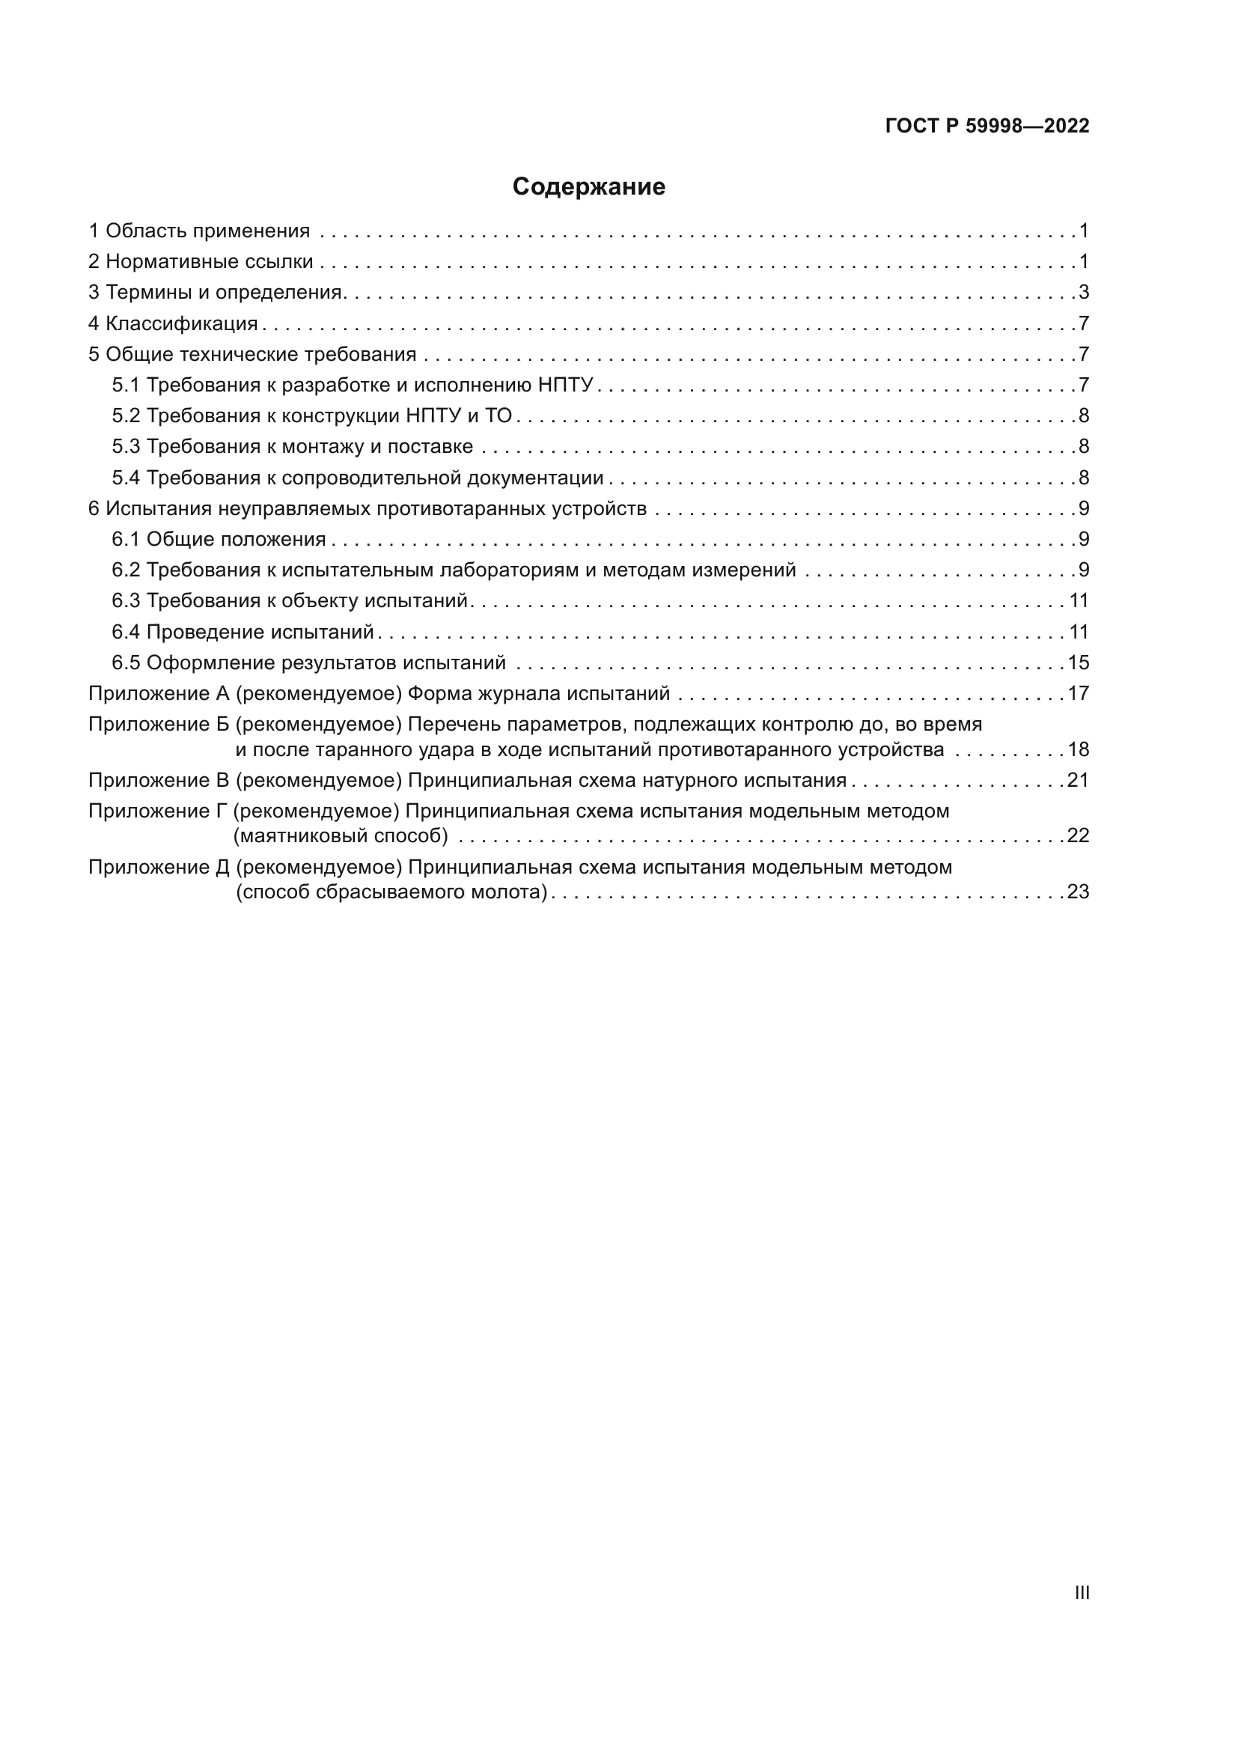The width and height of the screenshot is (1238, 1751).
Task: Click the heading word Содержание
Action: click(588, 187)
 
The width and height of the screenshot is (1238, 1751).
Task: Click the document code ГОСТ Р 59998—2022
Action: click(987, 126)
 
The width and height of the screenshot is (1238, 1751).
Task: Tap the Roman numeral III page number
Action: click(1082, 1592)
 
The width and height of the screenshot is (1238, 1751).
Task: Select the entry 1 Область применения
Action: click(199, 231)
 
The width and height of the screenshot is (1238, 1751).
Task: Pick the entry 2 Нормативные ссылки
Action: click(201, 261)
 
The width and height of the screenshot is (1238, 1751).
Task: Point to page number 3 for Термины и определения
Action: click(1083, 293)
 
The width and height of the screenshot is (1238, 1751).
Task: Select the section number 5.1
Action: click(126, 385)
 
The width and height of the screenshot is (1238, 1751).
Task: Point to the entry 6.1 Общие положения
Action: click(219, 540)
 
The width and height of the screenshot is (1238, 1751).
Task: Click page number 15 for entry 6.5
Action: click(1078, 663)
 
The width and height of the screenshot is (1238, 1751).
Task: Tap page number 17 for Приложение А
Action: click(1078, 694)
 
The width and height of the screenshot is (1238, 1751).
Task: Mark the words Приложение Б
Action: click(159, 725)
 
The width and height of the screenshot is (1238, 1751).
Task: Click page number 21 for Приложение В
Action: click(1078, 780)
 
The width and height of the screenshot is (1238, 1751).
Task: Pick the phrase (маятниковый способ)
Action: click(341, 836)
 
